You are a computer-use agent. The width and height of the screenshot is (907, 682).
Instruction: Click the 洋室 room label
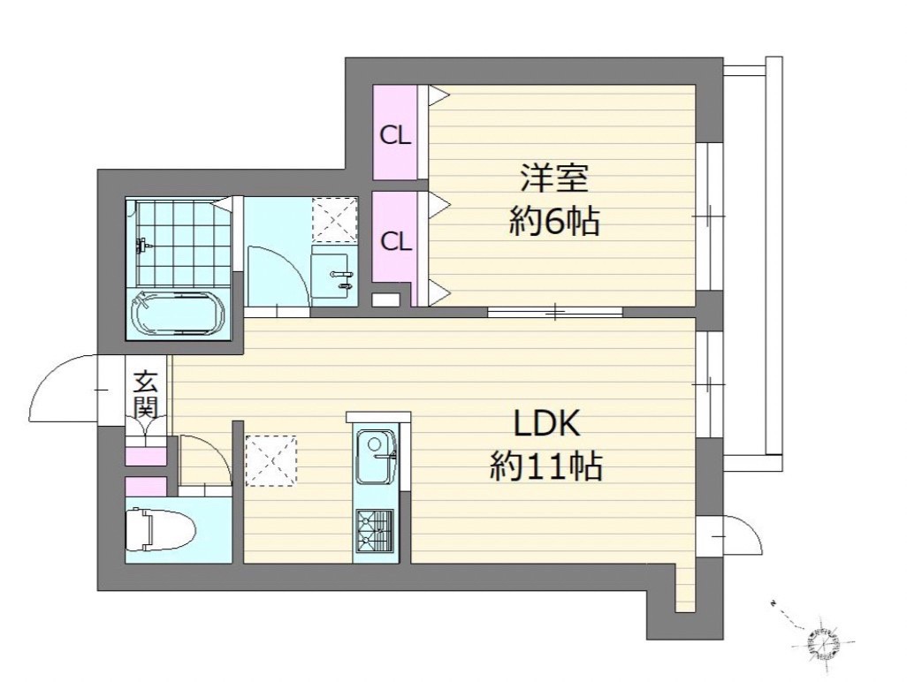(x=553, y=178)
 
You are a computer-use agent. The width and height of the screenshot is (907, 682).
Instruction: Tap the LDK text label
(x=547, y=425)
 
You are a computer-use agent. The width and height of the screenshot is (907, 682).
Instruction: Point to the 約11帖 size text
(x=546, y=466)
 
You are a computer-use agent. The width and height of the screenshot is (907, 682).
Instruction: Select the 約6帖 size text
(x=553, y=221)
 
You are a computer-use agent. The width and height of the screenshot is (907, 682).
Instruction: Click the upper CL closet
(x=395, y=133)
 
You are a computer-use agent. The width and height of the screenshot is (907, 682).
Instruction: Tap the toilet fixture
(x=160, y=529)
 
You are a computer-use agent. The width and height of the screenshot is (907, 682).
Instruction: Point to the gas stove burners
(x=374, y=531)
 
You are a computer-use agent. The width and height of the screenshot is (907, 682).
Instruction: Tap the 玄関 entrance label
(x=146, y=395)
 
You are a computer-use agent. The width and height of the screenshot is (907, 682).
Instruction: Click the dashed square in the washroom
(x=334, y=220)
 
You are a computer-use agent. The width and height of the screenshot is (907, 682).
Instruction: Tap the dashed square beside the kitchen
(x=271, y=461)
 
